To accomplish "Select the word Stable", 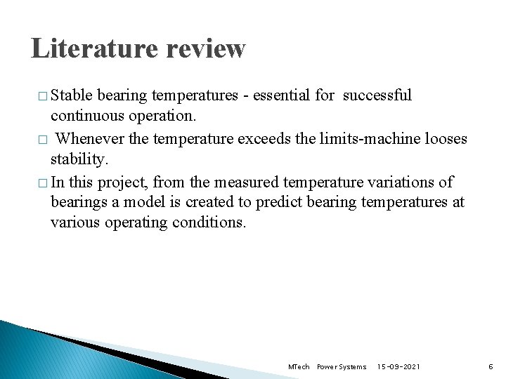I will pos(73,95).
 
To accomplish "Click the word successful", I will pos(377,95).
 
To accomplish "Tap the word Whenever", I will pos(91,139).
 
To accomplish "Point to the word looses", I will pos(447,139).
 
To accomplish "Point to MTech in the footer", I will pos(299,367).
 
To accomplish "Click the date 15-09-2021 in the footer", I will pos(398,367).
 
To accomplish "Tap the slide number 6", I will pos(491,367).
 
